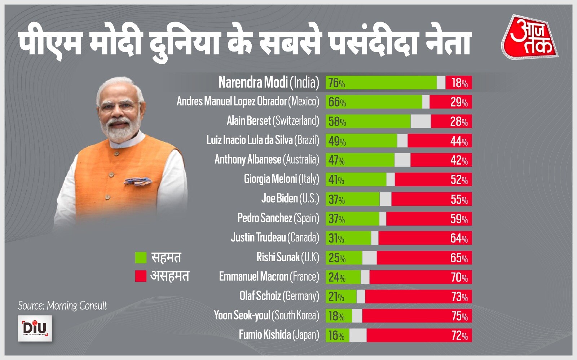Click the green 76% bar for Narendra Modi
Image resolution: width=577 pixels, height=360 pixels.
(x=381, y=83)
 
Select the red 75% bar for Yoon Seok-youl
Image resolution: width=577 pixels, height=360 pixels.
(x=417, y=316)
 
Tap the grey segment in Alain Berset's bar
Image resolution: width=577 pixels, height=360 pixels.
(x=420, y=121)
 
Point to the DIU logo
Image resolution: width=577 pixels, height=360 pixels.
(x=35, y=328)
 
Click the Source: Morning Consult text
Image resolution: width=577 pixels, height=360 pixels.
(x=62, y=306)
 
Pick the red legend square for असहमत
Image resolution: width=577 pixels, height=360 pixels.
(x=141, y=276)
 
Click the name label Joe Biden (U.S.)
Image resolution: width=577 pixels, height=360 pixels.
(x=290, y=199)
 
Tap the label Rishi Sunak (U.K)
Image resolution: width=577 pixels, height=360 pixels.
(x=287, y=257)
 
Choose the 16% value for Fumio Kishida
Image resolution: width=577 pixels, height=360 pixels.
(x=336, y=336)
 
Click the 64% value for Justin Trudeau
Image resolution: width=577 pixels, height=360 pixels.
(x=459, y=239)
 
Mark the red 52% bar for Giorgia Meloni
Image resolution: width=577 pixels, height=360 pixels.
(x=433, y=179)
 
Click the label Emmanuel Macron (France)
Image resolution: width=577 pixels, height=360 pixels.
(x=269, y=277)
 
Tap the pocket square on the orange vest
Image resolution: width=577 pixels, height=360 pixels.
(x=137, y=181)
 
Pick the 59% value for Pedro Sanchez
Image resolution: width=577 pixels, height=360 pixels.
(x=459, y=219)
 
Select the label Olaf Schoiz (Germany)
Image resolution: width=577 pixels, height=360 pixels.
(x=279, y=296)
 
